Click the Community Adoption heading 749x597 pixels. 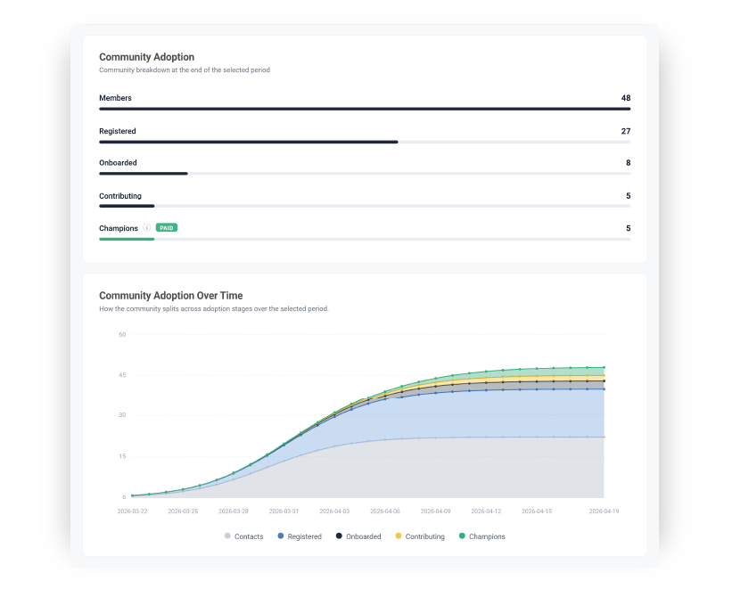pos(146,57)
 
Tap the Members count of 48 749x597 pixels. pos(626,97)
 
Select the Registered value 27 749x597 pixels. pos(626,131)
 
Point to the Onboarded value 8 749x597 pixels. pos(628,163)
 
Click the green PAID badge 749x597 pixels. pos(167,228)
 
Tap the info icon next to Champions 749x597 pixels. pos(147,228)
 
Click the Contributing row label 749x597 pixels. pos(120,196)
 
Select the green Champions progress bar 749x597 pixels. pos(127,239)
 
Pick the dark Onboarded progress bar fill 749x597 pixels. pos(143,173)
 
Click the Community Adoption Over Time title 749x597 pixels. pos(170,296)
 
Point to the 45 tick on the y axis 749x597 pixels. pos(122,375)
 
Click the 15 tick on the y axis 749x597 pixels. pos(122,456)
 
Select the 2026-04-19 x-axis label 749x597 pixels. pos(604,511)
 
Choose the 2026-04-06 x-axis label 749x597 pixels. pos(384,511)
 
